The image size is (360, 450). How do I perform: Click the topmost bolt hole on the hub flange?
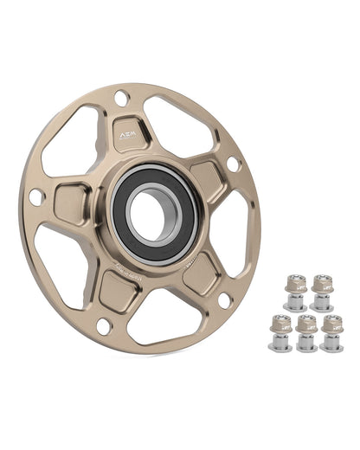(121, 98)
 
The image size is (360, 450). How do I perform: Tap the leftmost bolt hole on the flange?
(35, 196)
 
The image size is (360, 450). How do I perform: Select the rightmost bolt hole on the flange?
(232, 163)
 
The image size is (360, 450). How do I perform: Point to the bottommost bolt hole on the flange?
(103, 326)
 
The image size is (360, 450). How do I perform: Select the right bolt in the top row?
(322, 292)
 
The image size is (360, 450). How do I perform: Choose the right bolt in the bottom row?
(332, 333)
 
